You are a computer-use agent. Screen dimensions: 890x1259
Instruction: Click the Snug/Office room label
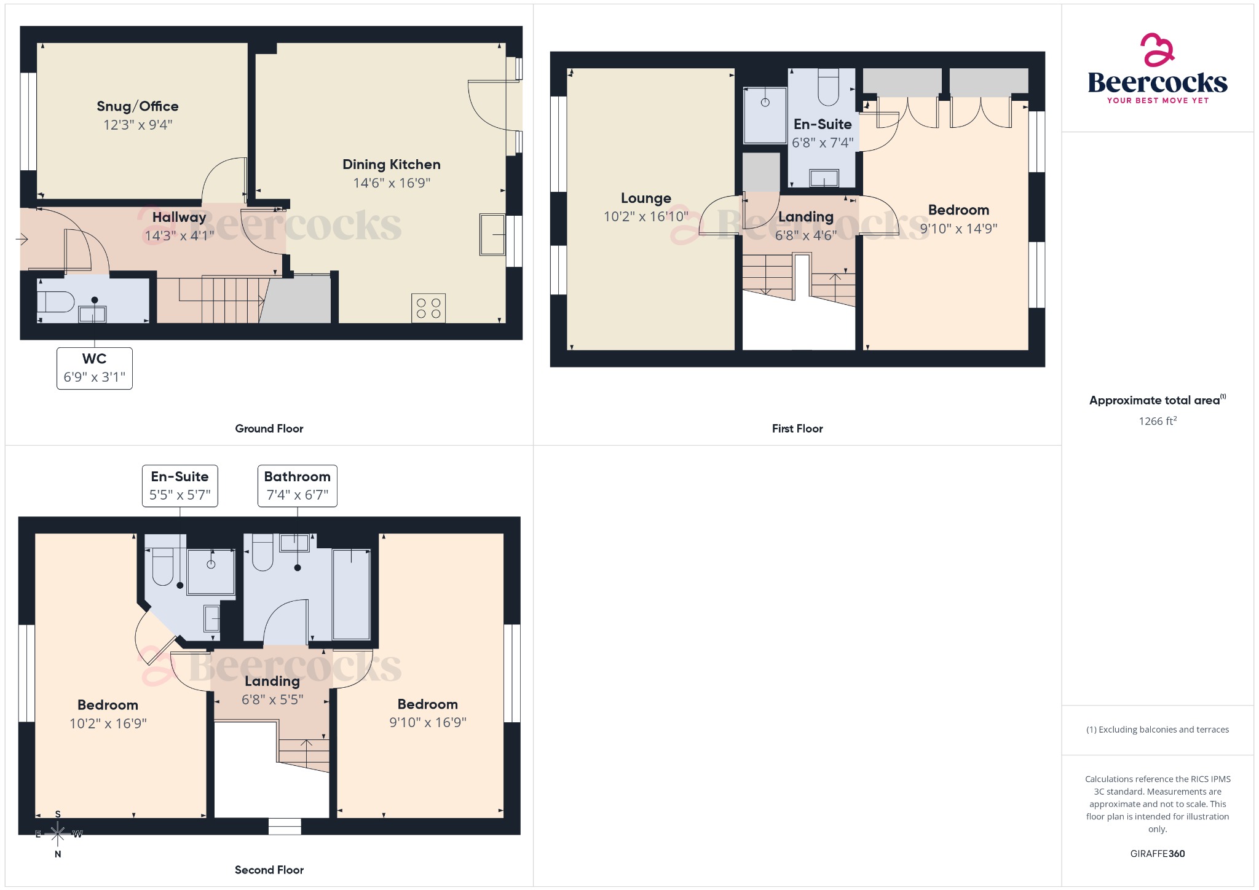click(138, 106)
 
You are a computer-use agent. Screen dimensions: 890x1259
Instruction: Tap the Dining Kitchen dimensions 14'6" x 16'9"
click(392, 183)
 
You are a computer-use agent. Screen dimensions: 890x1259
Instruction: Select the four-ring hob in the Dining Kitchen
click(428, 308)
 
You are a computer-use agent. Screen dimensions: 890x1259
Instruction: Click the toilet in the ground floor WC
click(55, 302)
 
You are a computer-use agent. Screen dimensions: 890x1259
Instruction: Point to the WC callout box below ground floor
click(95, 368)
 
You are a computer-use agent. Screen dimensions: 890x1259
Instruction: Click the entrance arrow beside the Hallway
click(22, 239)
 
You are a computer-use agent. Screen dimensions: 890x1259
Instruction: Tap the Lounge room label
click(645, 199)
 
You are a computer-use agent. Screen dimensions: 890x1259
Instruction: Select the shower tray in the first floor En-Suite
click(765, 115)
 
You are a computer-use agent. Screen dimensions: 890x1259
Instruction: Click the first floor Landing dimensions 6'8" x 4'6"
click(805, 235)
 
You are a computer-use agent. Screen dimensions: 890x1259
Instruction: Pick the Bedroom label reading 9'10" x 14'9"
click(958, 210)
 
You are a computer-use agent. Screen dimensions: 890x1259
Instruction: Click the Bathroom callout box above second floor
click(297, 486)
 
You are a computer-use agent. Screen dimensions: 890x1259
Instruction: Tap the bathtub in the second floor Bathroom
click(351, 595)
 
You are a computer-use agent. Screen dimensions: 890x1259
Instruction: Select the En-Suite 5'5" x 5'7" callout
click(180, 486)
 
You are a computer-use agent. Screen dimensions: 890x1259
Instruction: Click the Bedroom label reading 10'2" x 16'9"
click(108, 705)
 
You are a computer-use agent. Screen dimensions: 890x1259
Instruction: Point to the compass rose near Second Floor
click(58, 834)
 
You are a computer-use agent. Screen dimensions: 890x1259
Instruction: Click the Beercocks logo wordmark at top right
click(1157, 83)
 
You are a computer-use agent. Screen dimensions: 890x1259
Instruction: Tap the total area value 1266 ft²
click(1157, 421)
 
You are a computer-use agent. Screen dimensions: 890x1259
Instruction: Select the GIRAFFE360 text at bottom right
click(1157, 853)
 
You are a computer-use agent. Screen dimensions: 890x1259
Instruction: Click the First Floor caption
click(797, 428)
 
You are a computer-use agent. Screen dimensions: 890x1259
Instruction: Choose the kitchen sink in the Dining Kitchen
click(492, 234)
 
